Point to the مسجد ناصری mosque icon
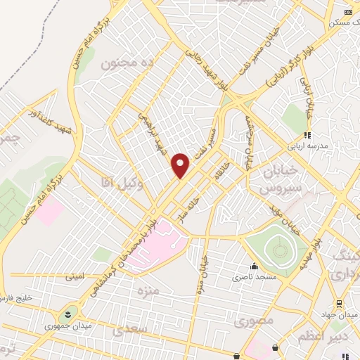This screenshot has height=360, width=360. pyautogui.click(x=252, y=267)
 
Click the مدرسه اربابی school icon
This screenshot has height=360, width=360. pyautogui.click(x=307, y=135)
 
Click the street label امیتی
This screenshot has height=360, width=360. pyautogui.click(x=75, y=276)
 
